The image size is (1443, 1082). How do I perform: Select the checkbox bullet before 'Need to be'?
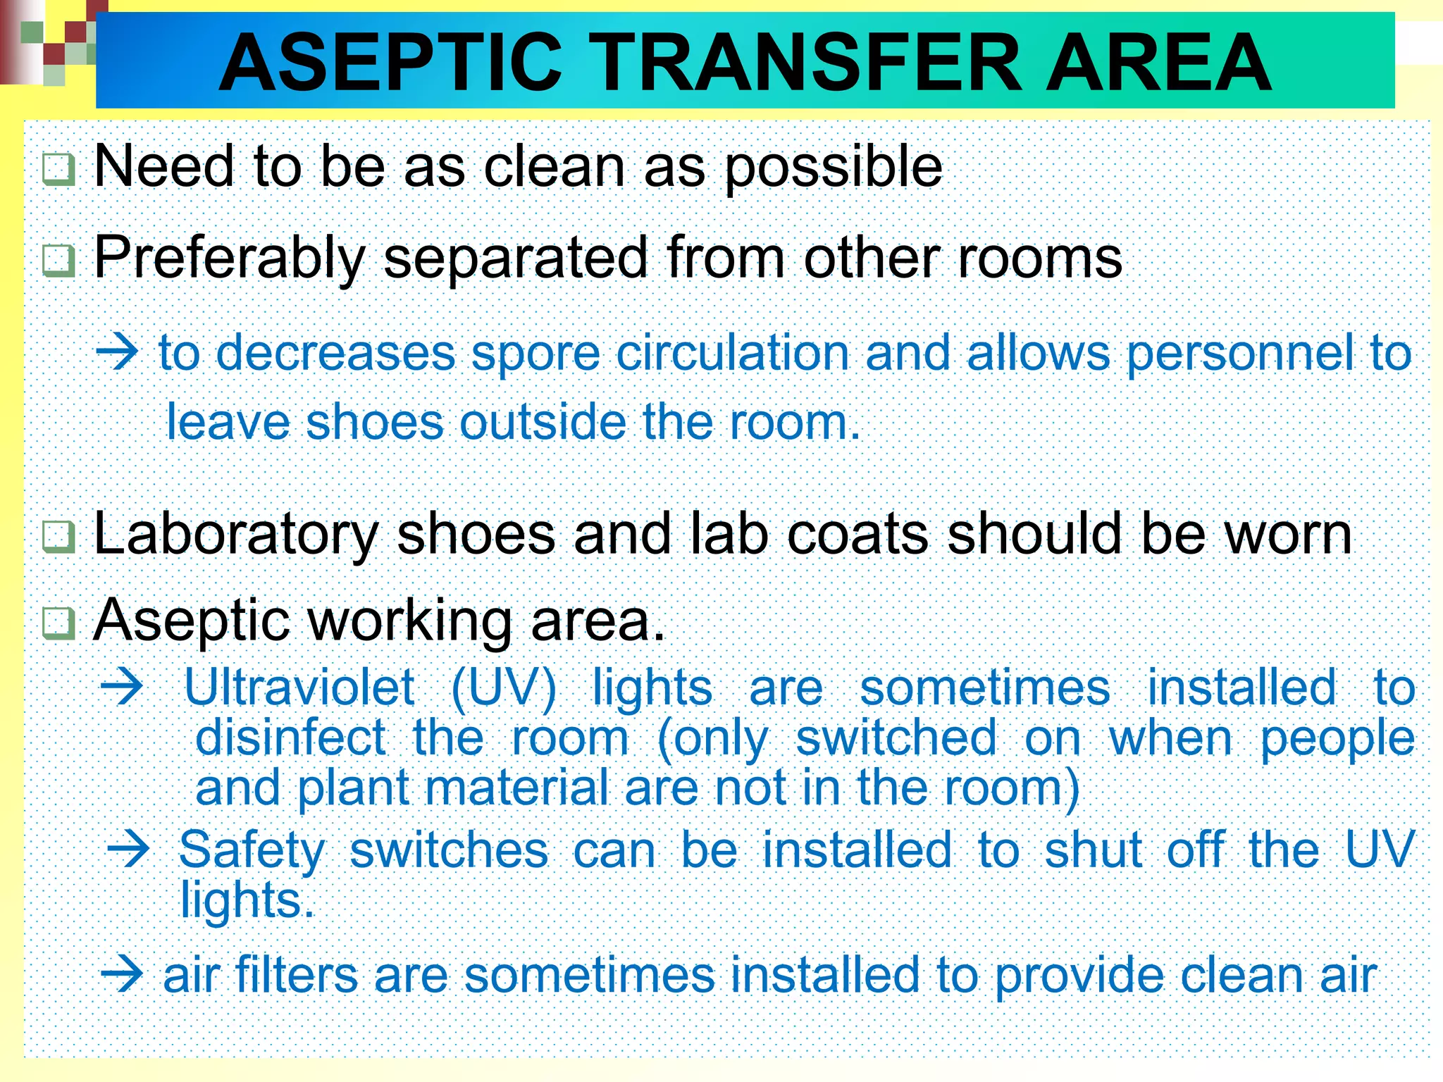pyautogui.click(x=58, y=170)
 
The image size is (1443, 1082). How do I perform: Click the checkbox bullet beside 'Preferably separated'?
pyautogui.click(x=58, y=261)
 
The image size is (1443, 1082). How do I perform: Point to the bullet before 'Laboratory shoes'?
pyautogui.click(x=58, y=537)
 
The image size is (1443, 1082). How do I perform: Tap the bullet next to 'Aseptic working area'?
pyautogui.click(x=58, y=623)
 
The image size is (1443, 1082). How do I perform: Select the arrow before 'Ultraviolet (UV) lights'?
pyautogui.click(x=122, y=687)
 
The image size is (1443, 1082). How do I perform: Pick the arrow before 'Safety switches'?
pyautogui.click(x=128, y=850)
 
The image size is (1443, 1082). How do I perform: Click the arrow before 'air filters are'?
pyautogui.click(x=122, y=975)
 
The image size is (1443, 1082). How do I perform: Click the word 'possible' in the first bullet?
pyautogui.click(x=833, y=168)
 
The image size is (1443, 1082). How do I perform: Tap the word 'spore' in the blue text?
pyautogui.click(x=535, y=352)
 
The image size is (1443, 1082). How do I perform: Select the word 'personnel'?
pyautogui.click(x=1240, y=352)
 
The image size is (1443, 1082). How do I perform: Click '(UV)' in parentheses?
pyautogui.click(x=503, y=688)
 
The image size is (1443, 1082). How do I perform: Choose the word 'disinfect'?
pyautogui.click(x=290, y=738)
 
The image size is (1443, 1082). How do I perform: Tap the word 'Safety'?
pyautogui.click(x=252, y=850)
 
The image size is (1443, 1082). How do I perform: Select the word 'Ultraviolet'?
pyautogui.click(x=299, y=687)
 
